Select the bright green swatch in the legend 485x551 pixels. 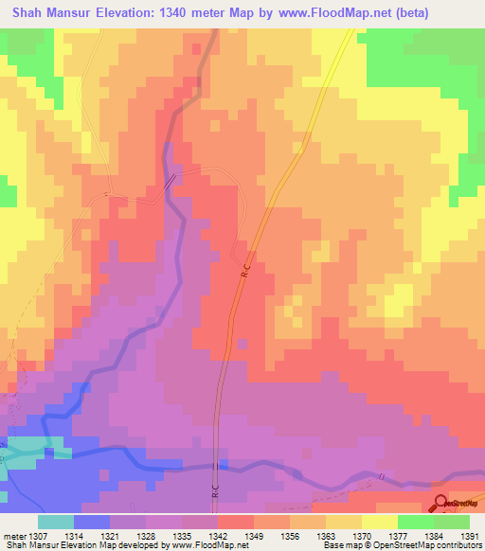(x=416, y=521)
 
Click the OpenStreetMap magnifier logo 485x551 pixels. (x=440, y=505)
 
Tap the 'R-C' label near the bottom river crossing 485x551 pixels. (x=215, y=492)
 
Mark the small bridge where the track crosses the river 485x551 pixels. (x=171, y=183)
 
